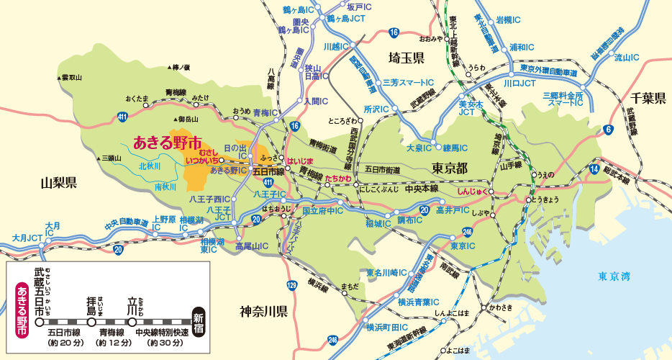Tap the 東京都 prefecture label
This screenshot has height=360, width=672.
pos(450,167)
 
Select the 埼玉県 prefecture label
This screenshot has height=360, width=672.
pos(406,58)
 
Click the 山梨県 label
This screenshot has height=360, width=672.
pos(59,182)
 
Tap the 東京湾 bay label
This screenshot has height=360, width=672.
pos(614,276)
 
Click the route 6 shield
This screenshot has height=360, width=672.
pos(609,130)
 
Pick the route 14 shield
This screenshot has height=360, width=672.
pos(594,168)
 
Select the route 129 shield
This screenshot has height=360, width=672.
pos(291,287)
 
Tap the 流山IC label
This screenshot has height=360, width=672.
pos(627,58)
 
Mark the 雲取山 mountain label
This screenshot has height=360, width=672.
pos(71,77)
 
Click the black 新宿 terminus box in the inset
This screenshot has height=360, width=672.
pos(199,320)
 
